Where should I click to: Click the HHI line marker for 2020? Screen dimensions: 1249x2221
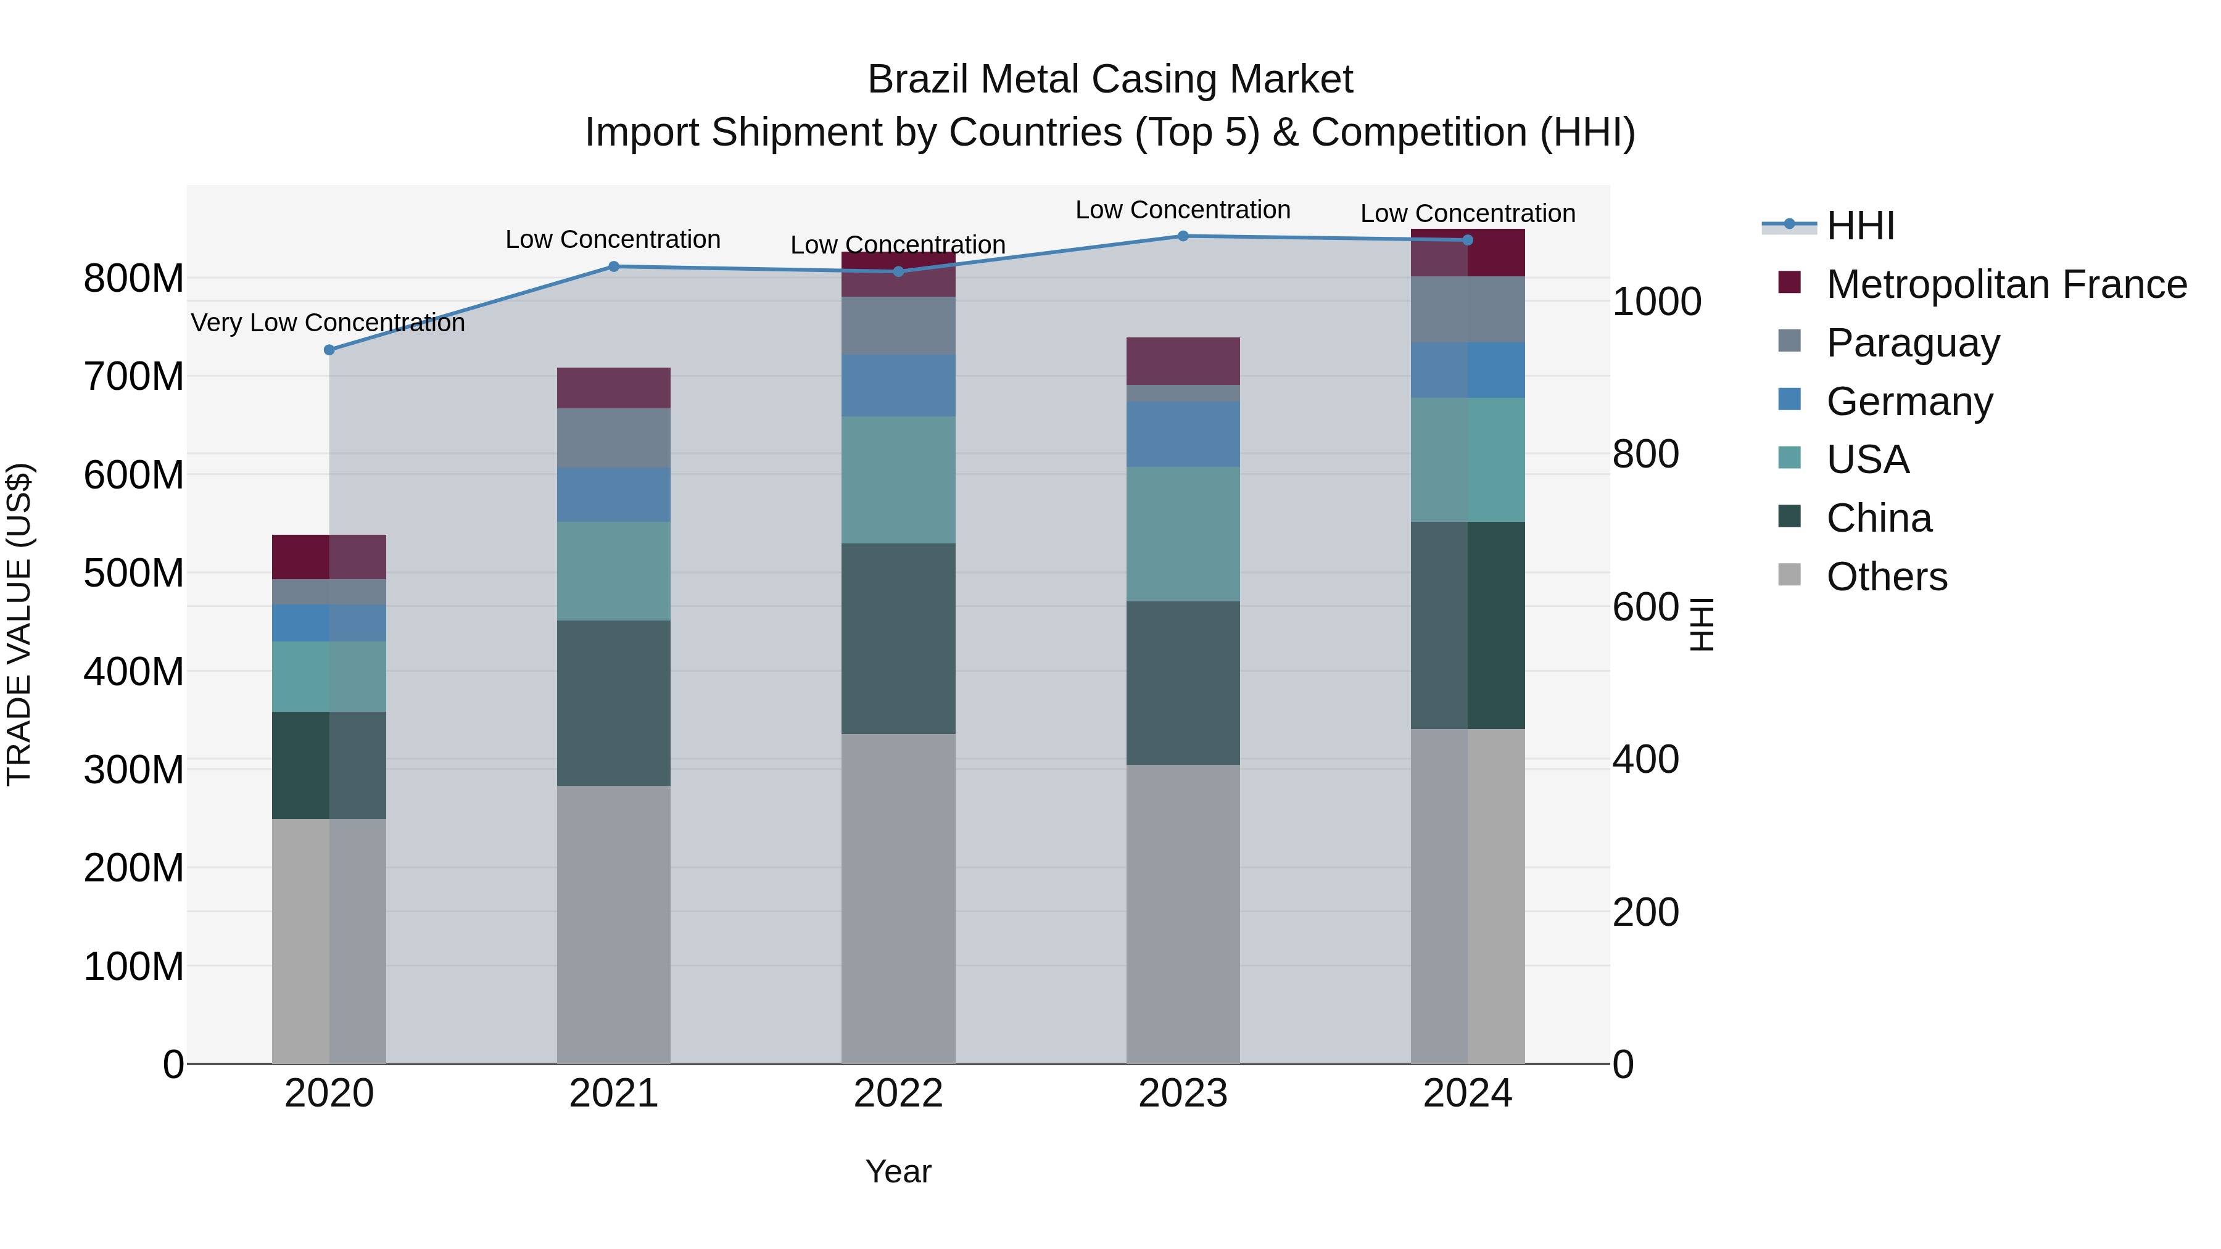(328, 350)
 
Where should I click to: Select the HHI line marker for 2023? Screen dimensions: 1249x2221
(1183, 236)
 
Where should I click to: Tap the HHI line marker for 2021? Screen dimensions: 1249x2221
(614, 266)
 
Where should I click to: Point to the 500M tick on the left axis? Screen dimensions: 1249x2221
(134, 573)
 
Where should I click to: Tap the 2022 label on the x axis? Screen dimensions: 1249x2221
(898, 1094)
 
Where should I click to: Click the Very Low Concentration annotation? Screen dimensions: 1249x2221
(328, 323)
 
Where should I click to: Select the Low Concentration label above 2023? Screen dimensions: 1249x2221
(1182, 210)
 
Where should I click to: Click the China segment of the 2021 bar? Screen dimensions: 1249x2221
(614, 703)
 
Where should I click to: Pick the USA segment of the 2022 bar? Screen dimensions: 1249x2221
(898, 479)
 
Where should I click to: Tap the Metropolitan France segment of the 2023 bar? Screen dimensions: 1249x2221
(1183, 361)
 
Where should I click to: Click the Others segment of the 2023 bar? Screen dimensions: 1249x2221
(1183, 913)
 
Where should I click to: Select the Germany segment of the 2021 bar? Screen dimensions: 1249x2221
(614, 495)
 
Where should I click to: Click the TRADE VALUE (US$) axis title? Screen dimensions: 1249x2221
(20, 625)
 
